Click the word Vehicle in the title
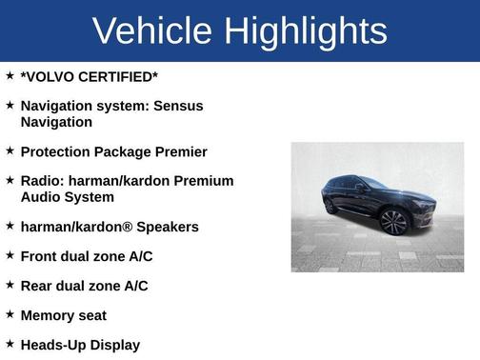(x=152, y=30)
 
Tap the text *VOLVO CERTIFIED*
(x=90, y=75)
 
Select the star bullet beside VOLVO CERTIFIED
(x=10, y=74)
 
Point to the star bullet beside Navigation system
(x=10, y=105)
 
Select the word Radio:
(x=43, y=181)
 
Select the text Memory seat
(x=64, y=315)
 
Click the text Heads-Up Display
(x=80, y=345)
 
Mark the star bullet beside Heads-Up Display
(x=10, y=344)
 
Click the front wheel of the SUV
(x=392, y=222)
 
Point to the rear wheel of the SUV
(x=330, y=205)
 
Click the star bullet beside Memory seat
(x=10, y=314)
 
